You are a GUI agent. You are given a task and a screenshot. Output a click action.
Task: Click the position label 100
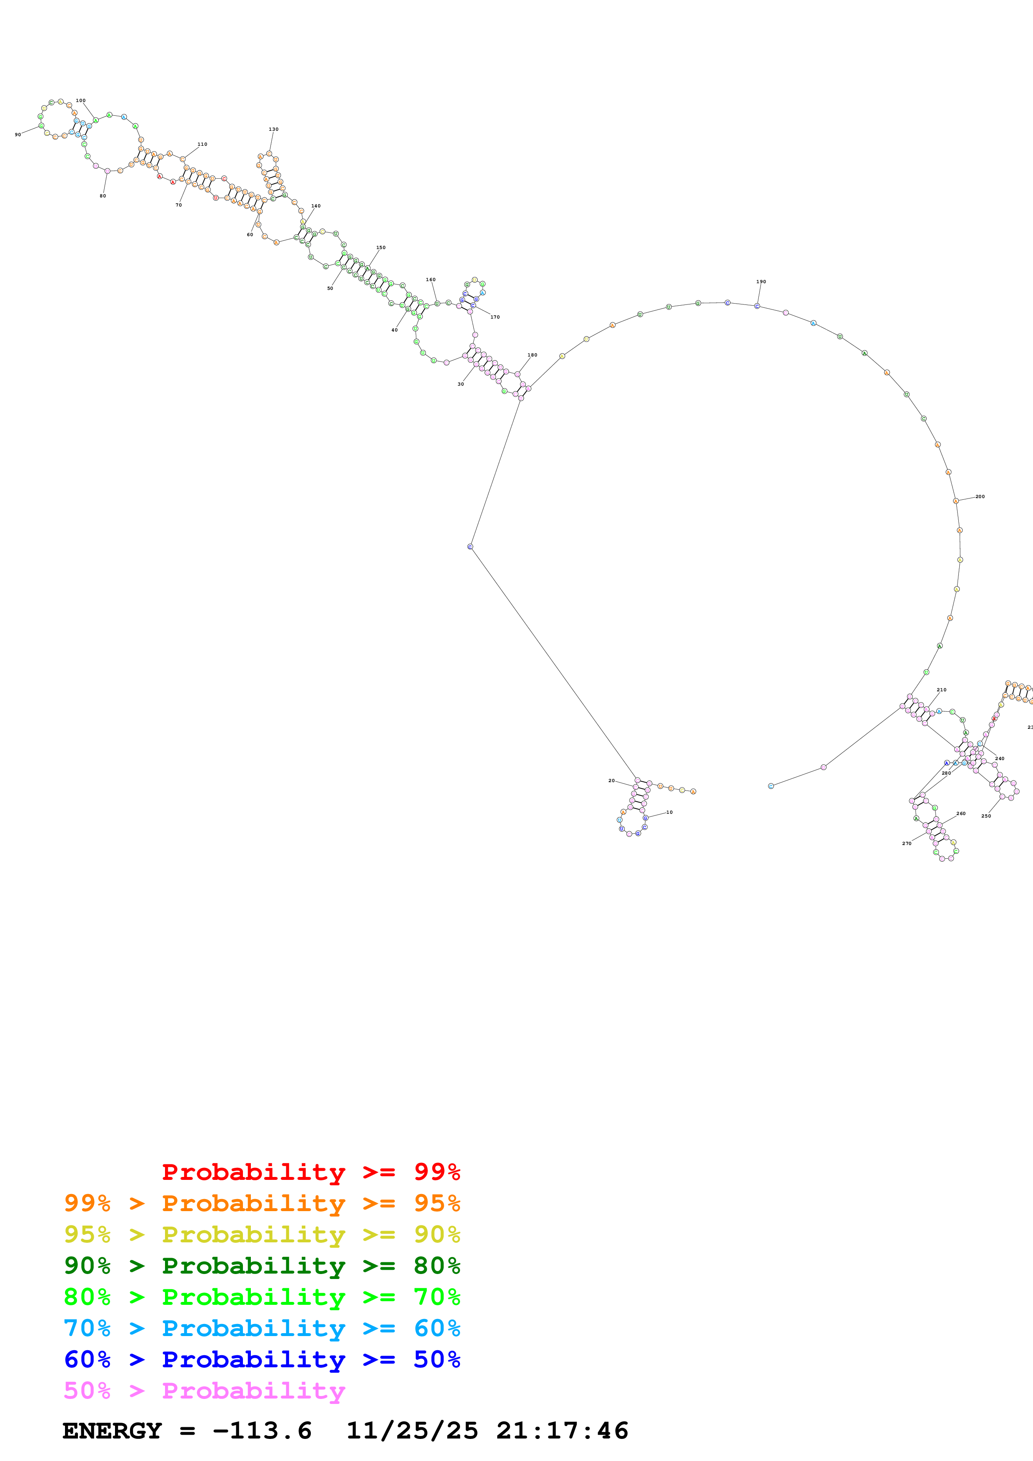pos(81,100)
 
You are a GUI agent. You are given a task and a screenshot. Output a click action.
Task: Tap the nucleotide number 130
pos(274,129)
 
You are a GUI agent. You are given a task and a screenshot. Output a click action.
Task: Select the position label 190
pos(761,281)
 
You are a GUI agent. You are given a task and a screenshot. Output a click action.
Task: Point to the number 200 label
pos(980,496)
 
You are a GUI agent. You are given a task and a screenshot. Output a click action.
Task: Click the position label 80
pos(103,196)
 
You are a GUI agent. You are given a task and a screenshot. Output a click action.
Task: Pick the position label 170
pos(495,317)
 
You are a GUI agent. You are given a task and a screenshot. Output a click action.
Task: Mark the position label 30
pos(461,384)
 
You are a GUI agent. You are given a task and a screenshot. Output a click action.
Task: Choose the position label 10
pos(670,812)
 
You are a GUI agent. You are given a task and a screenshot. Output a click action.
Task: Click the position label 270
pos(907,843)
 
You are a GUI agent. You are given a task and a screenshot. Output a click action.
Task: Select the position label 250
pos(986,816)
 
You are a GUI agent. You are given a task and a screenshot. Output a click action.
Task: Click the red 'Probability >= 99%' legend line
pos(310,1172)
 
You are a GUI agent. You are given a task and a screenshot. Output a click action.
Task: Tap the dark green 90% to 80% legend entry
pos(262,1266)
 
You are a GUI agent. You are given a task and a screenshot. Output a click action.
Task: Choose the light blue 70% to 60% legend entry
pos(262,1328)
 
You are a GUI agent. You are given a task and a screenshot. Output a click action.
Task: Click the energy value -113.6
pos(262,1431)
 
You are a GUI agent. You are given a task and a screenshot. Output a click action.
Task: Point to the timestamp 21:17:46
pos(562,1431)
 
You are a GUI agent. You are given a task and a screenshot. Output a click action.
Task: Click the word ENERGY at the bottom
pos(112,1431)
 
